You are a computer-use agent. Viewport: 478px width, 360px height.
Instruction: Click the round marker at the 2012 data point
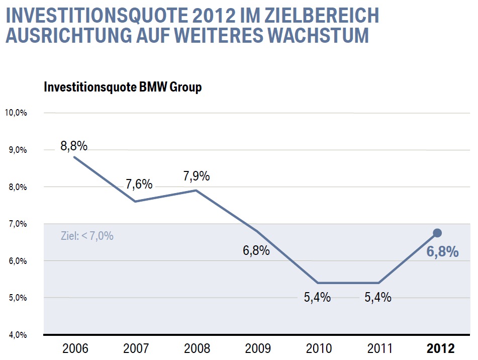click(437, 233)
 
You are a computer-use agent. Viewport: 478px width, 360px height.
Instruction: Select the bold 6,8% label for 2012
click(442, 252)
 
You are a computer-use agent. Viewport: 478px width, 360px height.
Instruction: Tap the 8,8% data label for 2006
click(74, 146)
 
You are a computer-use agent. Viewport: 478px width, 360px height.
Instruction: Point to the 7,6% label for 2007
click(139, 184)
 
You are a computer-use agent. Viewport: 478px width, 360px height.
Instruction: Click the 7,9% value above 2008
click(196, 176)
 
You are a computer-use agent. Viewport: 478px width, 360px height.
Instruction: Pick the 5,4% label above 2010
click(317, 297)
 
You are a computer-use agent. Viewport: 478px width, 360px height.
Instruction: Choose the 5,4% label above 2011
click(378, 297)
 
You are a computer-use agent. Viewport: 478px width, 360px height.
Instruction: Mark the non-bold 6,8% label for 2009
click(256, 250)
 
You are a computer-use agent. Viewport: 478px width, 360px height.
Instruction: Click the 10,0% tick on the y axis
click(16, 113)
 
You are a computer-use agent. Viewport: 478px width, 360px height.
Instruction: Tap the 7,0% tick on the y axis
click(17, 224)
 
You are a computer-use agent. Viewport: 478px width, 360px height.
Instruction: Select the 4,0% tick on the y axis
click(17, 335)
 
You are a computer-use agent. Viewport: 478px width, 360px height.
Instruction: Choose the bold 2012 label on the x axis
click(440, 348)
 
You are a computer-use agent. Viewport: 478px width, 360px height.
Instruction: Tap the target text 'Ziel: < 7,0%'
click(87, 235)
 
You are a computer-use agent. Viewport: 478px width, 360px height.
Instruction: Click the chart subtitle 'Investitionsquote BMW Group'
click(123, 87)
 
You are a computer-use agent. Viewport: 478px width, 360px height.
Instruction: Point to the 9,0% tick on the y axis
click(17, 150)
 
